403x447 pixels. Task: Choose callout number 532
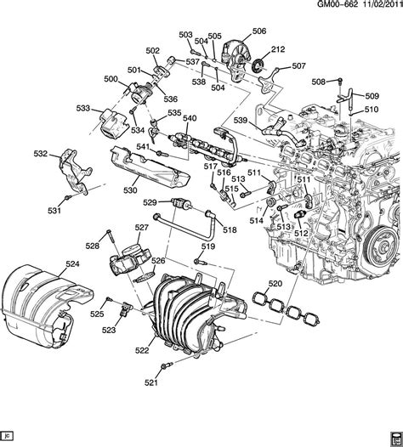(41, 154)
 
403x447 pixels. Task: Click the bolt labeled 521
(164, 367)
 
